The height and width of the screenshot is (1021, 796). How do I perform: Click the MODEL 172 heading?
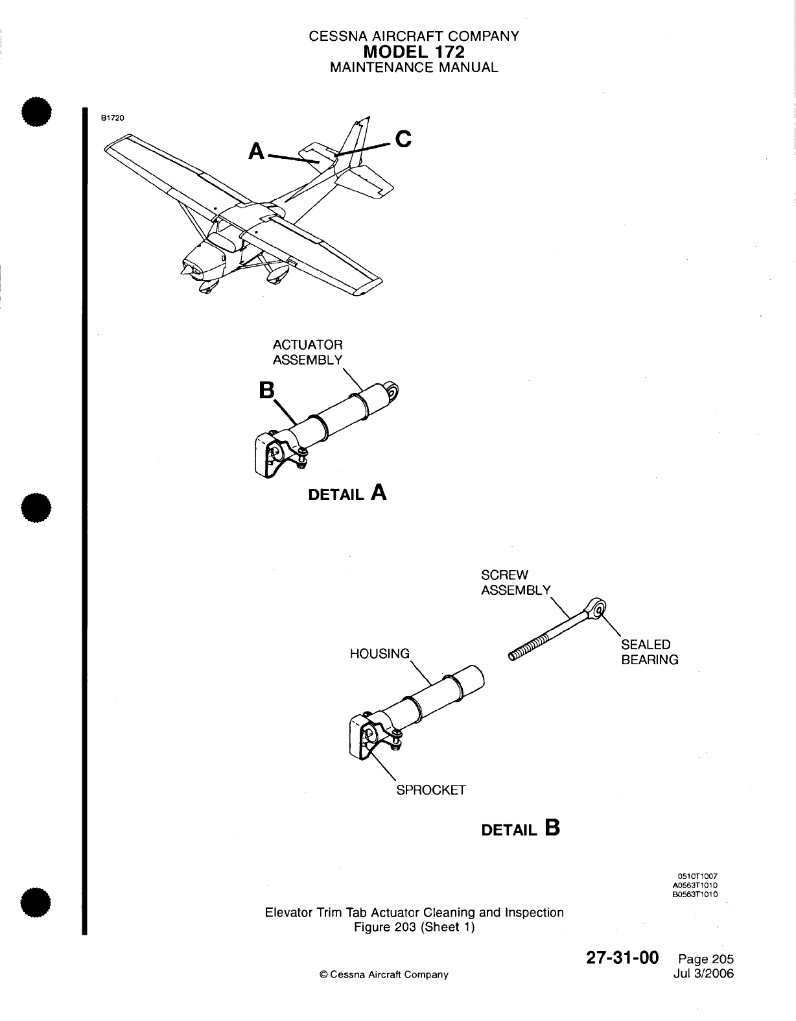click(x=415, y=51)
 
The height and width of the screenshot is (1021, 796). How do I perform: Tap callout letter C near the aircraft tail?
click(x=403, y=139)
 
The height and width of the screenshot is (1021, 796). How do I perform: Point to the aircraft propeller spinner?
click(x=185, y=270)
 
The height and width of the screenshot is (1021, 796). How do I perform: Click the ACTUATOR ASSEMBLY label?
click(x=307, y=352)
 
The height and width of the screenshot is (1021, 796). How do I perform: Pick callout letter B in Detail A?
click(x=266, y=390)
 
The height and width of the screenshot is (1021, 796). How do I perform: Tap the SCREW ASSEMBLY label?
click(x=515, y=583)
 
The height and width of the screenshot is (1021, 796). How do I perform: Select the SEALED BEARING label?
click(x=650, y=652)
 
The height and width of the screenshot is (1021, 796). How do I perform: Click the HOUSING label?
click(x=380, y=654)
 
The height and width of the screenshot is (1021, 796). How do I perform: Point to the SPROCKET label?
click(x=431, y=790)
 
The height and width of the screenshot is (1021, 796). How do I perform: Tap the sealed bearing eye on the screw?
click(x=598, y=608)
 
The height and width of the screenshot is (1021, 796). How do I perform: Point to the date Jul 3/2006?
click(x=706, y=974)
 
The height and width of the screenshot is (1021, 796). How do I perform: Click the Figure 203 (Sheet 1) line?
click(x=414, y=927)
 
